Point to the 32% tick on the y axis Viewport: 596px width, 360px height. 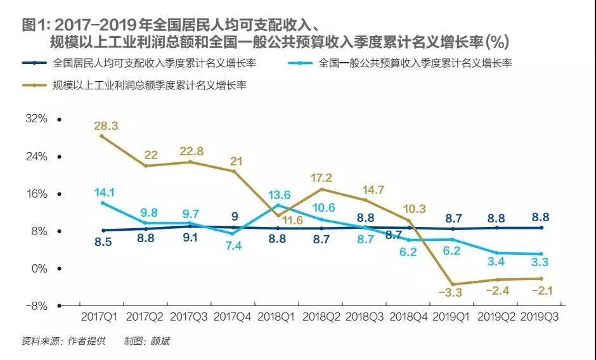(x=37, y=119)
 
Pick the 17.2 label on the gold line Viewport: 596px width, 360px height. (x=321, y=178)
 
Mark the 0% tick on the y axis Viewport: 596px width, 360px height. (x=39, y=269)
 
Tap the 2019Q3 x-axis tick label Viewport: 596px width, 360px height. (x=541, y=315)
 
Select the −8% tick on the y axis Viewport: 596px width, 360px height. (x=37, y=305)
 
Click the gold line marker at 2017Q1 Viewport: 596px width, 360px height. (x=102, y=136)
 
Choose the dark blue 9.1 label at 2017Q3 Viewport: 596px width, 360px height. (x=191, y=238)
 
